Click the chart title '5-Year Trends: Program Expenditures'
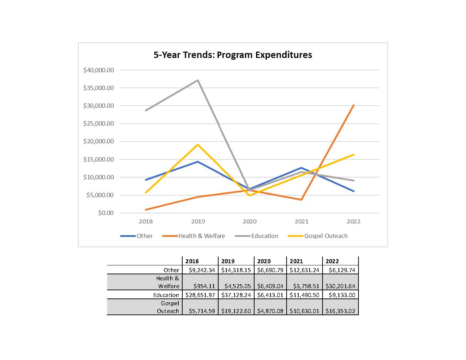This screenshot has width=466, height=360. tap(232, 55)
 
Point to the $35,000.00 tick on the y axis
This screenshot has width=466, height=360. tap(99, 88)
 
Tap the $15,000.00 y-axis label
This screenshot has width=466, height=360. tap(99, 159)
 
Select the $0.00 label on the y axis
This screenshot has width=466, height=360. tap(106, 213)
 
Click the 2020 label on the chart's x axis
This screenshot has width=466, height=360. tap(250, 221)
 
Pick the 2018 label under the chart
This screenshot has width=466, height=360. tap(146, 221)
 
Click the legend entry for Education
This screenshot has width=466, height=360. tap(257, 236)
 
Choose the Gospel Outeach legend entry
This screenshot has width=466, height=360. tap(318, 236)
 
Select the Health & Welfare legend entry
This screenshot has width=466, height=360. tap(194, 236)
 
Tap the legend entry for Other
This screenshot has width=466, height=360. tap(137, 236)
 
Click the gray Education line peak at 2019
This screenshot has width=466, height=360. tap(198, 80)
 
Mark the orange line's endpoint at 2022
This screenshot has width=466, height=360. tap(354, 105)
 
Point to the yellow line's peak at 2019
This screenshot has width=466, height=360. tap(198, 145)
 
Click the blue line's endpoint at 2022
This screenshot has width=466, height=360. tap(354, 191)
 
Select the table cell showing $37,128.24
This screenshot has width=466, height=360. tap(236, 295)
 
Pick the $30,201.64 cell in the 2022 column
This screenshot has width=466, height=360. tap(340, 286)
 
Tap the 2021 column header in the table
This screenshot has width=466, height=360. tap(296, 261)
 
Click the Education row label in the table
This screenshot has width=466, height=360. tap(166, 295)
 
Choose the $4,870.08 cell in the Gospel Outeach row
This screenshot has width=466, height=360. tap(270, 311)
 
